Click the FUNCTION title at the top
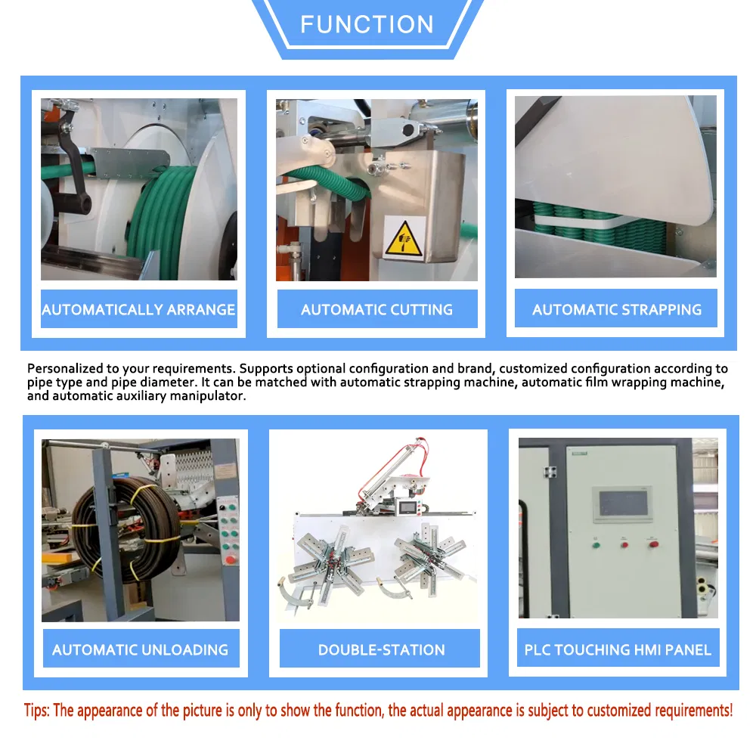click(367, 24)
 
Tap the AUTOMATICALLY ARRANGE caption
click(138, 309)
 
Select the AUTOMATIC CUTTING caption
click(376, 309)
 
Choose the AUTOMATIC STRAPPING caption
click(617, 309)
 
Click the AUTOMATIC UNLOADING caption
click(141, 650)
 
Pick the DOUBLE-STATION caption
click(381, 650)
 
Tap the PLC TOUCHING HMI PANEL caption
click(618, 650)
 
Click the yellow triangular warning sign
click(404, 239)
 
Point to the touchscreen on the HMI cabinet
click(624, 503)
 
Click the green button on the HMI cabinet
click(596, 545)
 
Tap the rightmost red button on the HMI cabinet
click(653, 544)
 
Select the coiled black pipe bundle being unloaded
click(126, 528)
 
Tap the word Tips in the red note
click(36, 711)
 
